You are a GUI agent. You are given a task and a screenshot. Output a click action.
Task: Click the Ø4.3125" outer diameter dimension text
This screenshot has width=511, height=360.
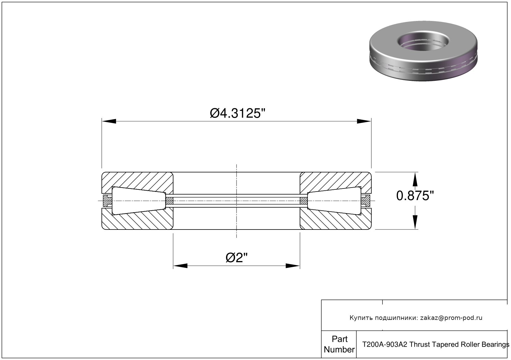pos(237,114)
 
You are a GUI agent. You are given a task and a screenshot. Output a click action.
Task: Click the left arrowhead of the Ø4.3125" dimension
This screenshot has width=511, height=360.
pos(109,121)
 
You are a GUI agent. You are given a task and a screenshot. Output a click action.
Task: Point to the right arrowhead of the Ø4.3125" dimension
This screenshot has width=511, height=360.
pos(364,121)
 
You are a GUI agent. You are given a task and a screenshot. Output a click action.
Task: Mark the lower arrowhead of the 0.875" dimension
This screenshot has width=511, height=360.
pos(415,222)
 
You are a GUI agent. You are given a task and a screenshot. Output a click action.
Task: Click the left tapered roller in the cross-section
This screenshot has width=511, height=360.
pos(139,201)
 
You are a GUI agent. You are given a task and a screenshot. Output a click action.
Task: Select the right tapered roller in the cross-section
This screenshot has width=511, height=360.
pos(334,201)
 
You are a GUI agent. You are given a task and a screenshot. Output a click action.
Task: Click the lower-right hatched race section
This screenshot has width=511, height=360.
pos(335,221)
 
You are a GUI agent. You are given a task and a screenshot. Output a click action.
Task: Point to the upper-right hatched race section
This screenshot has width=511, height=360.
pos(335,180)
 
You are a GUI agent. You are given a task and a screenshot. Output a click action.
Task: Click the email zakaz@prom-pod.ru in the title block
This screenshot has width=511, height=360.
pos(451,318)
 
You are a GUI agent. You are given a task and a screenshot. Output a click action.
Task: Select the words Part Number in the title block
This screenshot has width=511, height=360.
pos(339,344)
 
